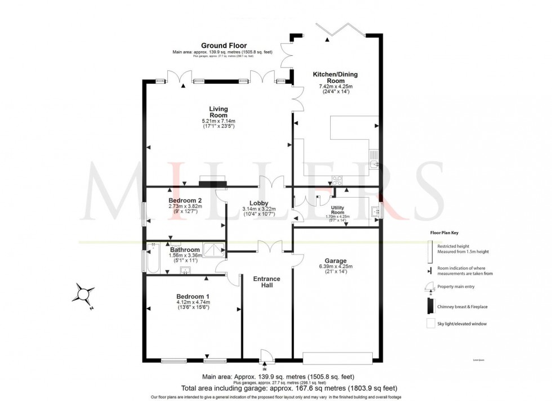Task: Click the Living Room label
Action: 219,112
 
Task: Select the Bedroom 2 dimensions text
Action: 185,209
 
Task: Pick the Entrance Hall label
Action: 266,282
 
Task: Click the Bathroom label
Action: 185,249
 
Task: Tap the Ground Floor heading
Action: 224,46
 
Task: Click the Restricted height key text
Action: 456,244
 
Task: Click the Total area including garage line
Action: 290,389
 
